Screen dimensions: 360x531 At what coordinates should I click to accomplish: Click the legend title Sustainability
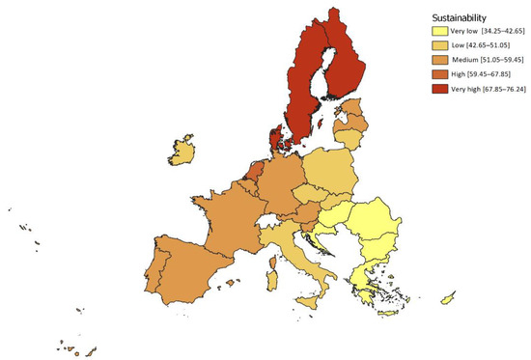pos(458,16)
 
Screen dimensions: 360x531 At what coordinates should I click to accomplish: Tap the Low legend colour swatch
pos(439,46)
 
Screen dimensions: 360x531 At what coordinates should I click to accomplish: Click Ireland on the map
pos(182,152)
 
